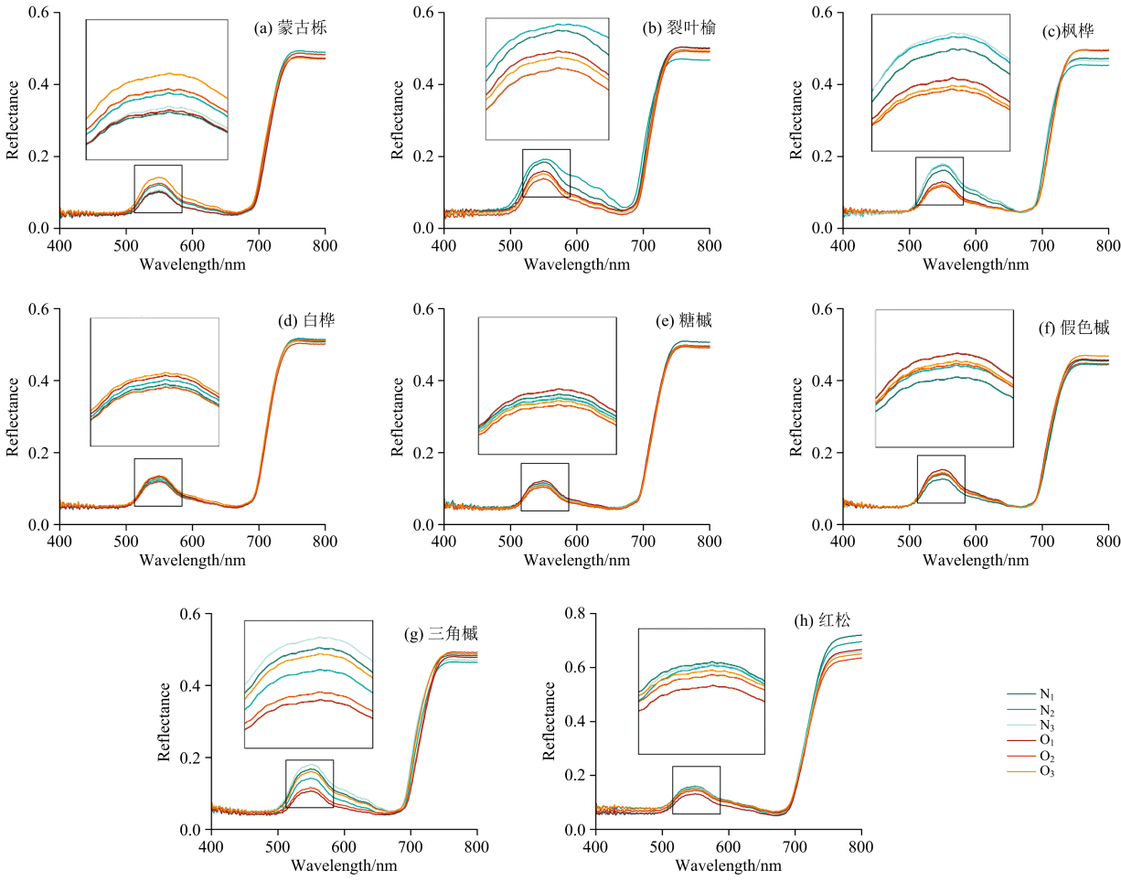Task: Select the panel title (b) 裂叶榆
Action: [678, 28]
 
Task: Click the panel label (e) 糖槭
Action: [687, 321]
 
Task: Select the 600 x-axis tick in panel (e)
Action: [577, 542]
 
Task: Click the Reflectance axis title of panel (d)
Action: [14, 416]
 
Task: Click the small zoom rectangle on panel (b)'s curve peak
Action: [546, 173]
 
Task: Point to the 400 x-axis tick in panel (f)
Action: [842, 542]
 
